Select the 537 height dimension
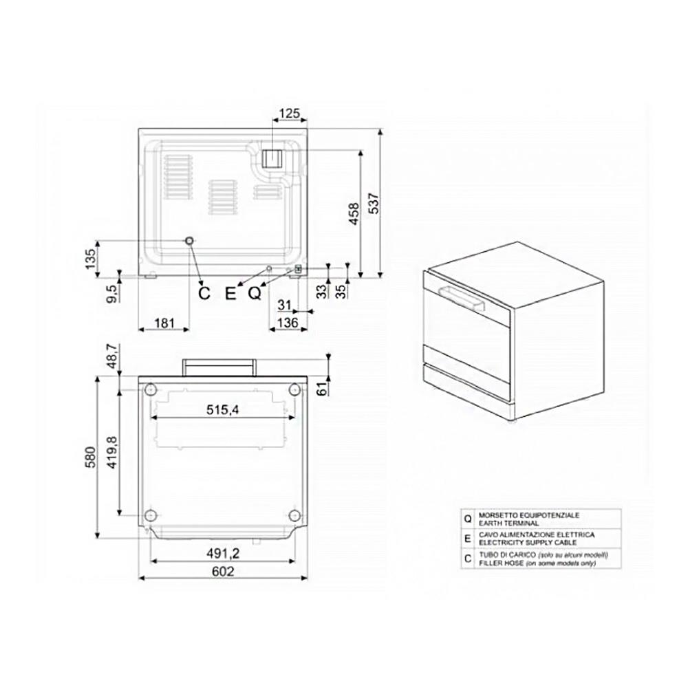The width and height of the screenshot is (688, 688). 373,204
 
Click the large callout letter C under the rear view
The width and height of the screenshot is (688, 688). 204,294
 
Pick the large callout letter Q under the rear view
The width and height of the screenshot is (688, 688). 254,294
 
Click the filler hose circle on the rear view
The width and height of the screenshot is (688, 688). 189,241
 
